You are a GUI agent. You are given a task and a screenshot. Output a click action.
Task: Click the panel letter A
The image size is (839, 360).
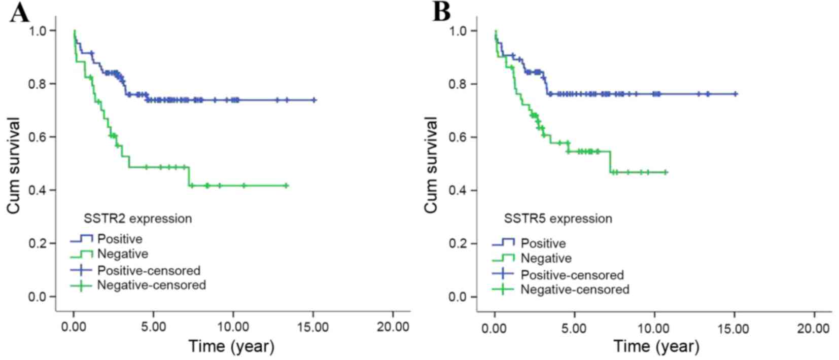[19, 13]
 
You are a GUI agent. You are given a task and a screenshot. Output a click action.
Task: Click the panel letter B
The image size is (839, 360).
[441, 13]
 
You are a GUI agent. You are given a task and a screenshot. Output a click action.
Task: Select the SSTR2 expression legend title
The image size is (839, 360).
[137, 219]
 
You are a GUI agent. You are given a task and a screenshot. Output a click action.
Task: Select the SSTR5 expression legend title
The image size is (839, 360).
[558, 219]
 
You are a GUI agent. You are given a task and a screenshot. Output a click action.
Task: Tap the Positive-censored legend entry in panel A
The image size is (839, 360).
[149, 270]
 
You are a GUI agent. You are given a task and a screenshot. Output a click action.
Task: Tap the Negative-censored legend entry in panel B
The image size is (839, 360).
[575, 290]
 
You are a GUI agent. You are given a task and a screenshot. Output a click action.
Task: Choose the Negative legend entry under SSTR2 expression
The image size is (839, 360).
[122, 254]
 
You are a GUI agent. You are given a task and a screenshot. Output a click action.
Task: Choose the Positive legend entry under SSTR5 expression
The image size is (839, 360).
[543, 243]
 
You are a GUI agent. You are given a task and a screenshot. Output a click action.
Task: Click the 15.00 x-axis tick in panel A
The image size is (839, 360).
[313, 327]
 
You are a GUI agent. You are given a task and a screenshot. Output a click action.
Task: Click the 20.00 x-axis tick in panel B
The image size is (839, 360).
[814, 328]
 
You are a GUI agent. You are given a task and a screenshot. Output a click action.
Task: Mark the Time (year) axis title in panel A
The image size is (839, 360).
[231, 346]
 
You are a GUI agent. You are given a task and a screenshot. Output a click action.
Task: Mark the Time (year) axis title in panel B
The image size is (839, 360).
[656, 346]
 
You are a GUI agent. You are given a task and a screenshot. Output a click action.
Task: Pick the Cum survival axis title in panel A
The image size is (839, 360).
[14, 165]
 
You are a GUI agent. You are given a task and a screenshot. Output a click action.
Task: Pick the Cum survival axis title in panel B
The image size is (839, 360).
[431, 165]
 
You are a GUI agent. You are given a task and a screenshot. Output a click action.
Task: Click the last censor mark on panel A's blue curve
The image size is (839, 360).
[314, 100]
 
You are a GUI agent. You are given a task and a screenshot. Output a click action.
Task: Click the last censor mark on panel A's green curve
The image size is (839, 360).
[286, 186]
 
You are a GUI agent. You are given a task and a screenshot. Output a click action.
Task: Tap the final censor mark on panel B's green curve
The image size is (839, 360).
[666, 172]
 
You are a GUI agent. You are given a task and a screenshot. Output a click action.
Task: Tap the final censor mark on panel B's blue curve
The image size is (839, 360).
[736, 94]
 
